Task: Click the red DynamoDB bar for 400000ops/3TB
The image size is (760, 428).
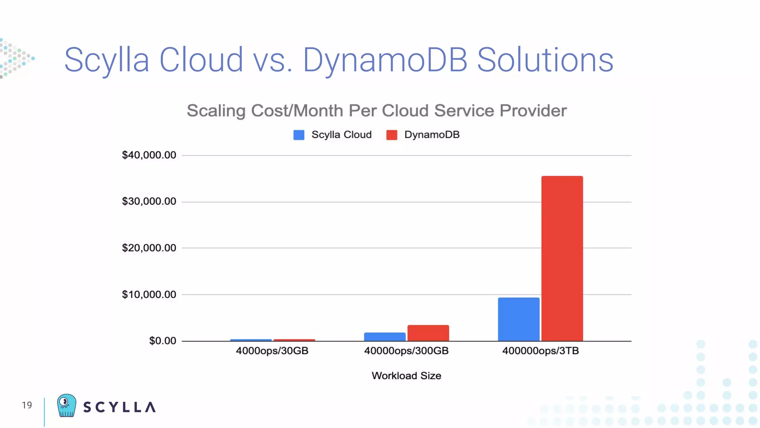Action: pyautogui.click(x=562, y=258)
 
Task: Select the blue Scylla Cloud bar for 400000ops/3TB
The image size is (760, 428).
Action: pyautogui.click(x=518, y=319)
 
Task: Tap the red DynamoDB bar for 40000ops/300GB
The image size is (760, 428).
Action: pyautogui.click(x=428, y=333)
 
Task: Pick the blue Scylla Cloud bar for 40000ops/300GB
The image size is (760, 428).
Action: pyautogui.click(x=384, y=337)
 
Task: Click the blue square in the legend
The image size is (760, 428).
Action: pyautogui.click(x=299, y=135)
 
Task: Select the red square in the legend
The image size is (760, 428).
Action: pyautogui.click(x=392, y=135)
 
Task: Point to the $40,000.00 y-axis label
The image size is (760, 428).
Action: pyautogui.click(x=149, y=155)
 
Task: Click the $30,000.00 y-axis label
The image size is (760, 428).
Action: pyautogui.click(x=149, y=201)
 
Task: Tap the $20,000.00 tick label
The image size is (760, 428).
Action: pyautogui.click(x=149, y=248)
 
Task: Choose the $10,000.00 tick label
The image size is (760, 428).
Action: pyautogui.click(x=149, y=295)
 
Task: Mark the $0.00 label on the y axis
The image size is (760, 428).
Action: pyautogui.click(x=163, y=341)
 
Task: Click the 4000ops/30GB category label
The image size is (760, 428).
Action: pyautogui.click(x=272, y=351)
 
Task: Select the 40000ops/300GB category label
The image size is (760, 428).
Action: pyautogui.click(x=406, y=351)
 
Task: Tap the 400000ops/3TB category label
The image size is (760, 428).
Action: pyautogui.click(x=540, y=351)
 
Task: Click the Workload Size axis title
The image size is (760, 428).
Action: pyautogui.click(x=406, y=376)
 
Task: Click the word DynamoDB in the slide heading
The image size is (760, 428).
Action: pyautogui.click(x=385, y=60)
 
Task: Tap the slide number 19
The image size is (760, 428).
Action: pyautogui.click(x=27, y=405)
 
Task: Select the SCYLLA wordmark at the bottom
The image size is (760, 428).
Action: pyautogui.click(x=119, y=407)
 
